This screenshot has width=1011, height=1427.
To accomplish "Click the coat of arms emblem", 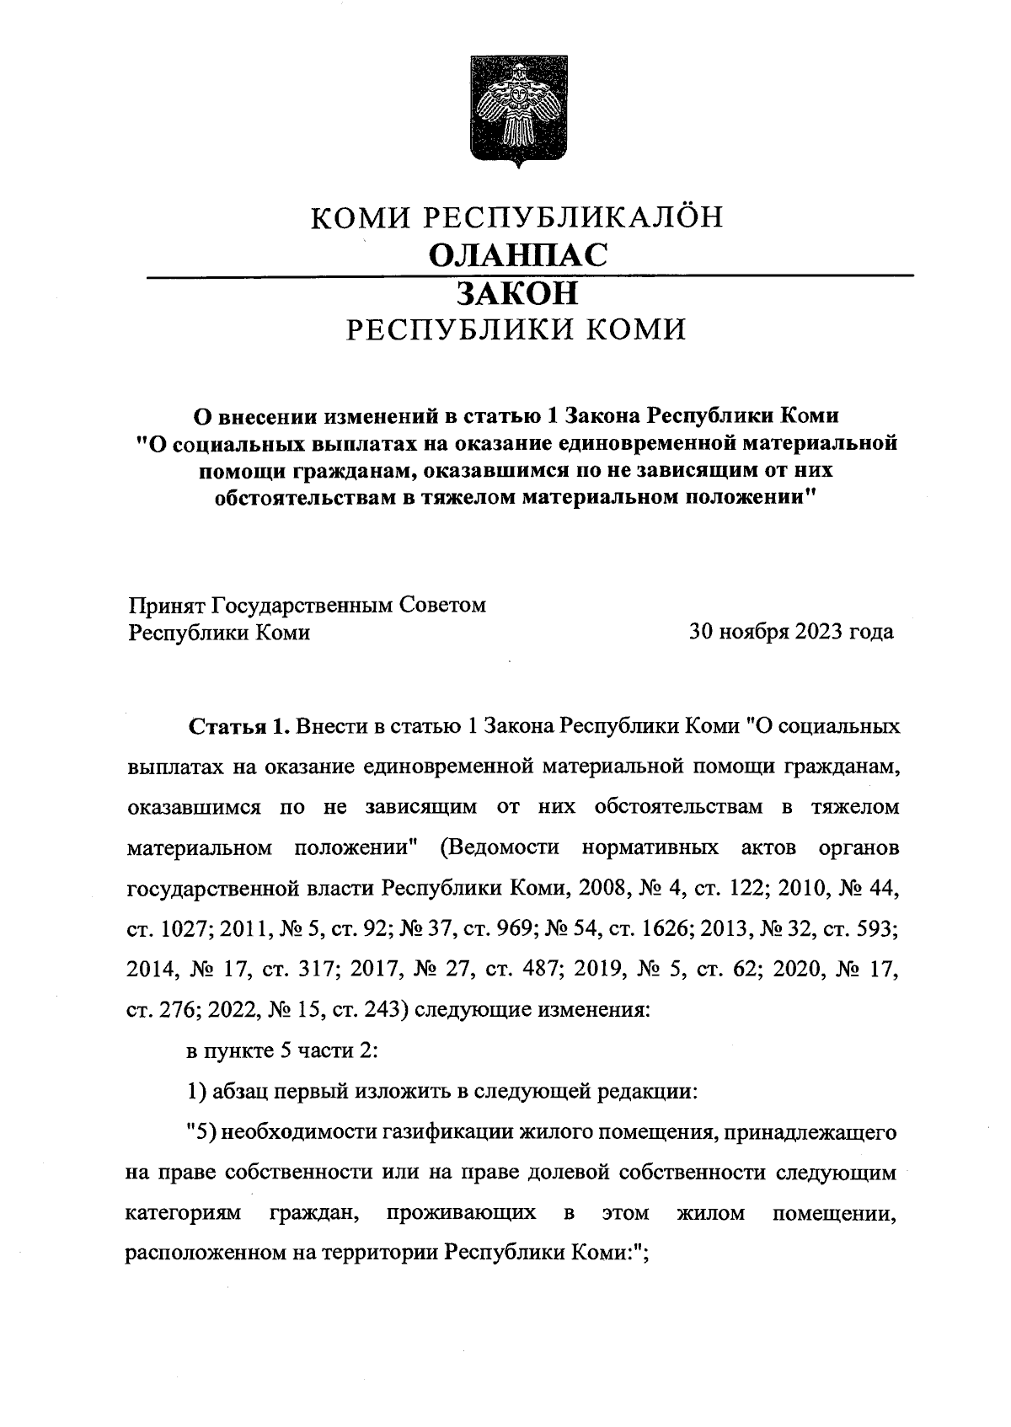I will tap(517, 111).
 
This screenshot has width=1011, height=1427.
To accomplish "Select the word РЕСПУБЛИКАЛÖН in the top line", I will tap(572, 217).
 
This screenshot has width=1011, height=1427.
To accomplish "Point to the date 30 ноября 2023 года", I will tap(791, 632).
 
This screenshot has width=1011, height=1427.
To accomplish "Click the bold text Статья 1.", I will tap(239, 725).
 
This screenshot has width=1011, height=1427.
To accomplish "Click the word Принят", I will tap(166, 606).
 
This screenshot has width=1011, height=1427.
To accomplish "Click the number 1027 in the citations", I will tap(184, 929).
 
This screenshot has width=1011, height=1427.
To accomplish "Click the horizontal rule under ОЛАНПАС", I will tap(530, 275).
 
